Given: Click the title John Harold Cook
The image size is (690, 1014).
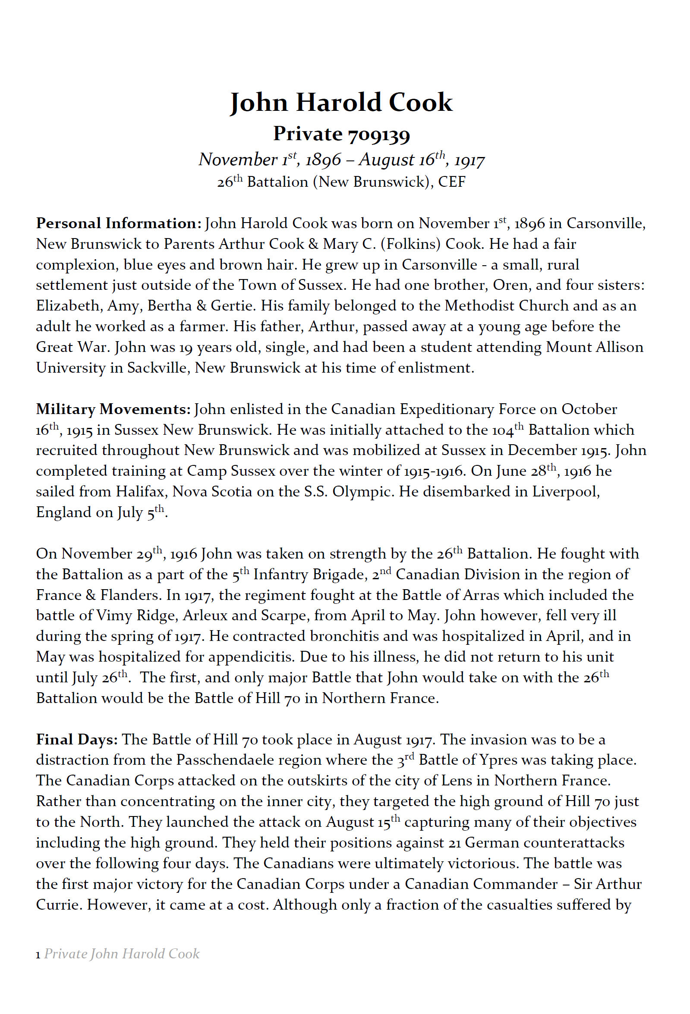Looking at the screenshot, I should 341,103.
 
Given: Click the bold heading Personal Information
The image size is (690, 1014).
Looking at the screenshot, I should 118,223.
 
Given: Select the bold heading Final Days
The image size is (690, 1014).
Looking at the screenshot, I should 77,740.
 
